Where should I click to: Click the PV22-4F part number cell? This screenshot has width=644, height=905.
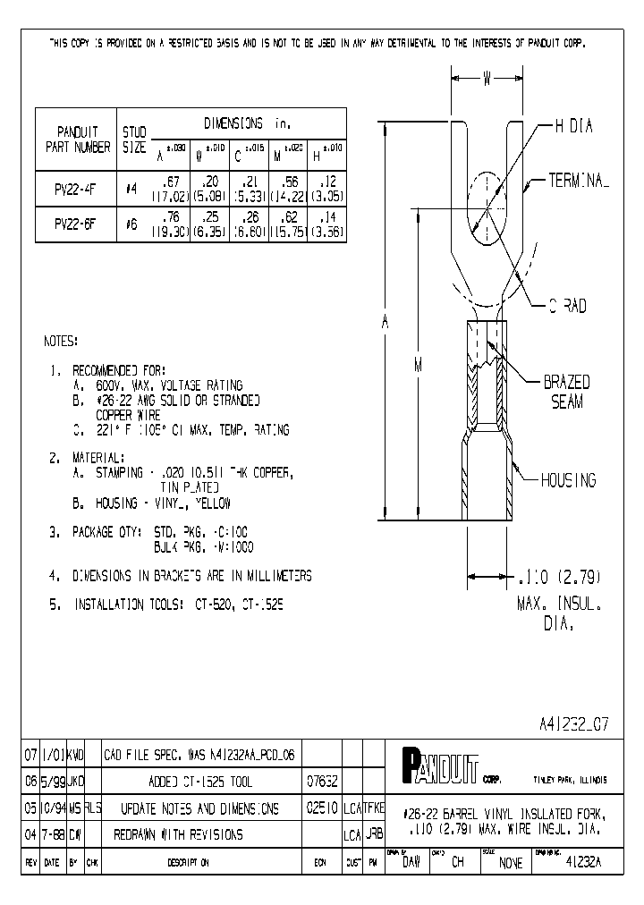[x=77, y=190]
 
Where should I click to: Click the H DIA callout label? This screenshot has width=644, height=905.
[x=573, y=127]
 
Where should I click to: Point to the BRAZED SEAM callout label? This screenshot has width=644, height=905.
[x=566, y=392]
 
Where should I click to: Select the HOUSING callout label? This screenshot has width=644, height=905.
[x=568, y=481]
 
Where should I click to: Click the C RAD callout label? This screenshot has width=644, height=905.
[x=567, y=306]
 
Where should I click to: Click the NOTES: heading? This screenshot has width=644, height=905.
[x=61, y=342]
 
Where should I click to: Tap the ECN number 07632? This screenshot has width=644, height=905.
[x=322, y=781]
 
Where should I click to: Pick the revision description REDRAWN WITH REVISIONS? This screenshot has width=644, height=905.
[x=178, y=834]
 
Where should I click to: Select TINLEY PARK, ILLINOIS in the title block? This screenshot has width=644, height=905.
[x=570, y=780]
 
